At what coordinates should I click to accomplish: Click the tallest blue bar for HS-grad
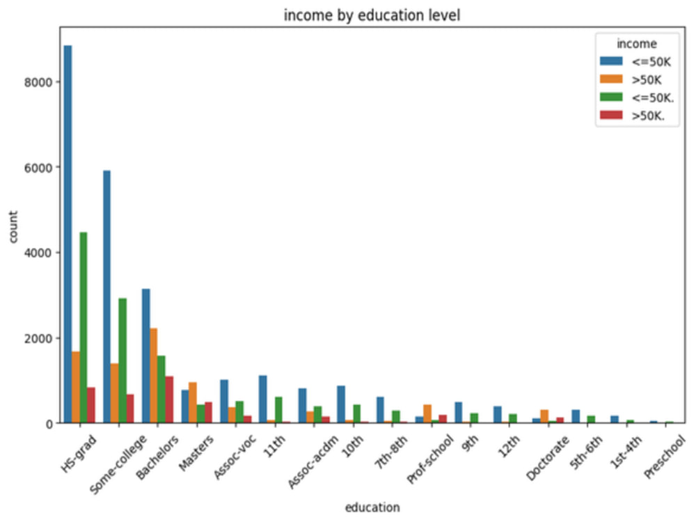click(68, 234)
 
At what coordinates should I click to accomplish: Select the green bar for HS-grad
click(84, 328)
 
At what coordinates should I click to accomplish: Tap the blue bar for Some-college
click(107, 296)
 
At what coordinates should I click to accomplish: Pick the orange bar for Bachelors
click(154, 376)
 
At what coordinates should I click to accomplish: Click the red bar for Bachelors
click(169, 400)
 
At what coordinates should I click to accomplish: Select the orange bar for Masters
click(193, 402)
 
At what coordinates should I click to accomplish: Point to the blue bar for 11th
click(263, 399)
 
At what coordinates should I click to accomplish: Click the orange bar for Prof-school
click(427, 413)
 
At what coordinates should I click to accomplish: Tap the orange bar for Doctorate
click(545, 416)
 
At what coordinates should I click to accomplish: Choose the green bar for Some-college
click(122, 361)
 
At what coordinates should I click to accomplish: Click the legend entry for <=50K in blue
click(635, 61)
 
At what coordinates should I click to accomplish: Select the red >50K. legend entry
click(633, 116)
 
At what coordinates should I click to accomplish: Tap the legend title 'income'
click(637, 43)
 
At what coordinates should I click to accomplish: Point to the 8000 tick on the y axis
click(57, 81)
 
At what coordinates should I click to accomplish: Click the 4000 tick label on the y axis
click(38, 253)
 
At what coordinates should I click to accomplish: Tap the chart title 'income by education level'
click(372, 15)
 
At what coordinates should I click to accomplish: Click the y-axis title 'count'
click(13, 226)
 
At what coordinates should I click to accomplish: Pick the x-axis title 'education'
click(372, 507)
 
